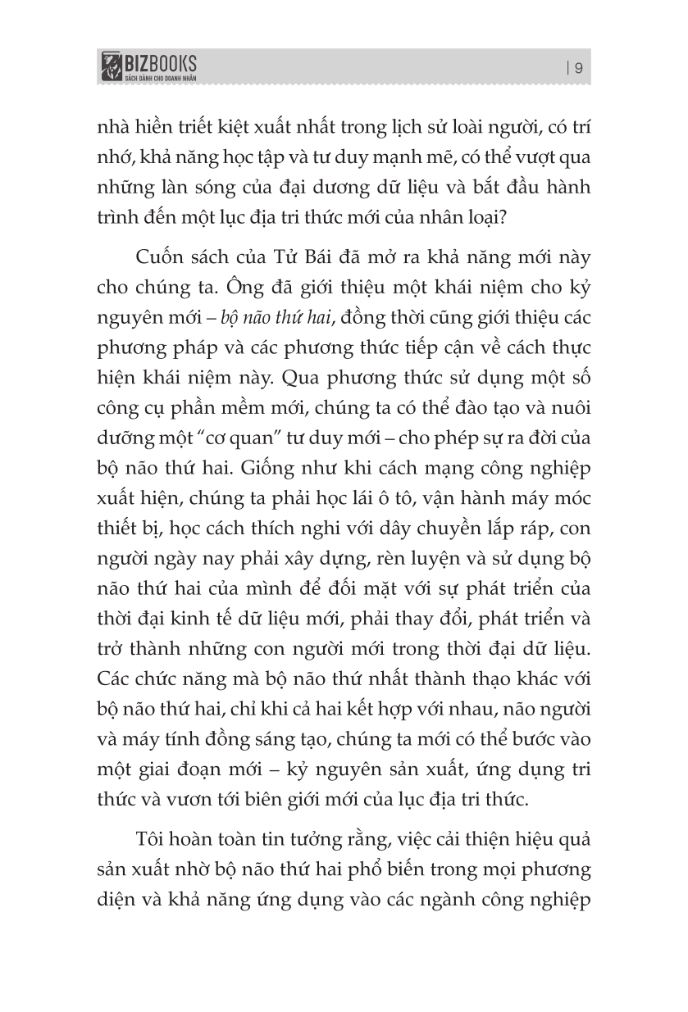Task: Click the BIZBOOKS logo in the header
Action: pos(148,62)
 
